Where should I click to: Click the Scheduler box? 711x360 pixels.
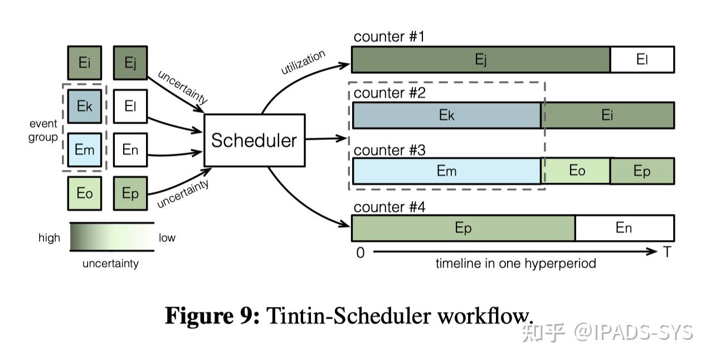click(x=255, y=140)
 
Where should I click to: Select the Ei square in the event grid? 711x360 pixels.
click(x=85, y=62)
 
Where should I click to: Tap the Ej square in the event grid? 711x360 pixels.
click(x=130, y=62)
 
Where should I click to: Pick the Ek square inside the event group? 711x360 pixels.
click(x=85, y=106)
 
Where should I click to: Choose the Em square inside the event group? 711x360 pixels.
click(x=85, y=149)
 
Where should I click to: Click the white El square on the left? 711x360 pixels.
click(x=130, y=106)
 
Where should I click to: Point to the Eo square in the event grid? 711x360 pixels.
click(x=85, y=193)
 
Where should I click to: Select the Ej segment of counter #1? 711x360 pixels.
click(x=481, y=60)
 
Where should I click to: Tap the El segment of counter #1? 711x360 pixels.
click(x=642, y=60)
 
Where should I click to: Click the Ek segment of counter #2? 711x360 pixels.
click(x=447, y=115)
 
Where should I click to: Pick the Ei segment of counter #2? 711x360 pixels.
click(x=608, y=115)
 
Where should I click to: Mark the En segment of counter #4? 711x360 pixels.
click(x=625, y=228)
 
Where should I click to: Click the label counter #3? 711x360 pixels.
click(x=389, y=150)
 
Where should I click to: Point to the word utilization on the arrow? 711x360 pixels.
click(x=303, y=62)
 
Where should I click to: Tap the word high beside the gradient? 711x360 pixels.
click(x=49, y=237)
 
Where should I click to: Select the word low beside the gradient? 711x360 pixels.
click(x=167, y=237)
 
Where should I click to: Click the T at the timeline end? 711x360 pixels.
click(x=667, y=252)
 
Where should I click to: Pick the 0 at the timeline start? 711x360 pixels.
click(x=361, y=253)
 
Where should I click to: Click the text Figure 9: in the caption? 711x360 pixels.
click(x=212, y=316)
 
